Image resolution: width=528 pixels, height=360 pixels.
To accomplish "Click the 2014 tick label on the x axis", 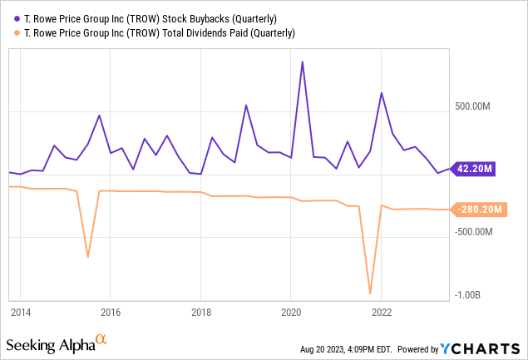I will pos(21,313).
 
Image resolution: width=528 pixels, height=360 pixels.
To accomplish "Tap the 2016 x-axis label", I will pos(111,313).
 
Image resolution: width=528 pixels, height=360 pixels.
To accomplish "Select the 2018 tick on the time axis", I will pos(200,313).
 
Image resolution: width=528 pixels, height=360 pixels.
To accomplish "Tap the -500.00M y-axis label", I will pos(476,231).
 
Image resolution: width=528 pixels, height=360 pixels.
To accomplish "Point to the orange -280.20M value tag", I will pos(477,209).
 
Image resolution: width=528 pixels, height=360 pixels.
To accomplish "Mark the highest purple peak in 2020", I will pos(302,62).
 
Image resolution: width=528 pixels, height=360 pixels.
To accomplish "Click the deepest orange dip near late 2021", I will pos(370,293).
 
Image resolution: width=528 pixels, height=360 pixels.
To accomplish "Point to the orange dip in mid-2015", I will pos(88,257).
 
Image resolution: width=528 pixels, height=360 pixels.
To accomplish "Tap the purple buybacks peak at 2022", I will pos(381,92).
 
